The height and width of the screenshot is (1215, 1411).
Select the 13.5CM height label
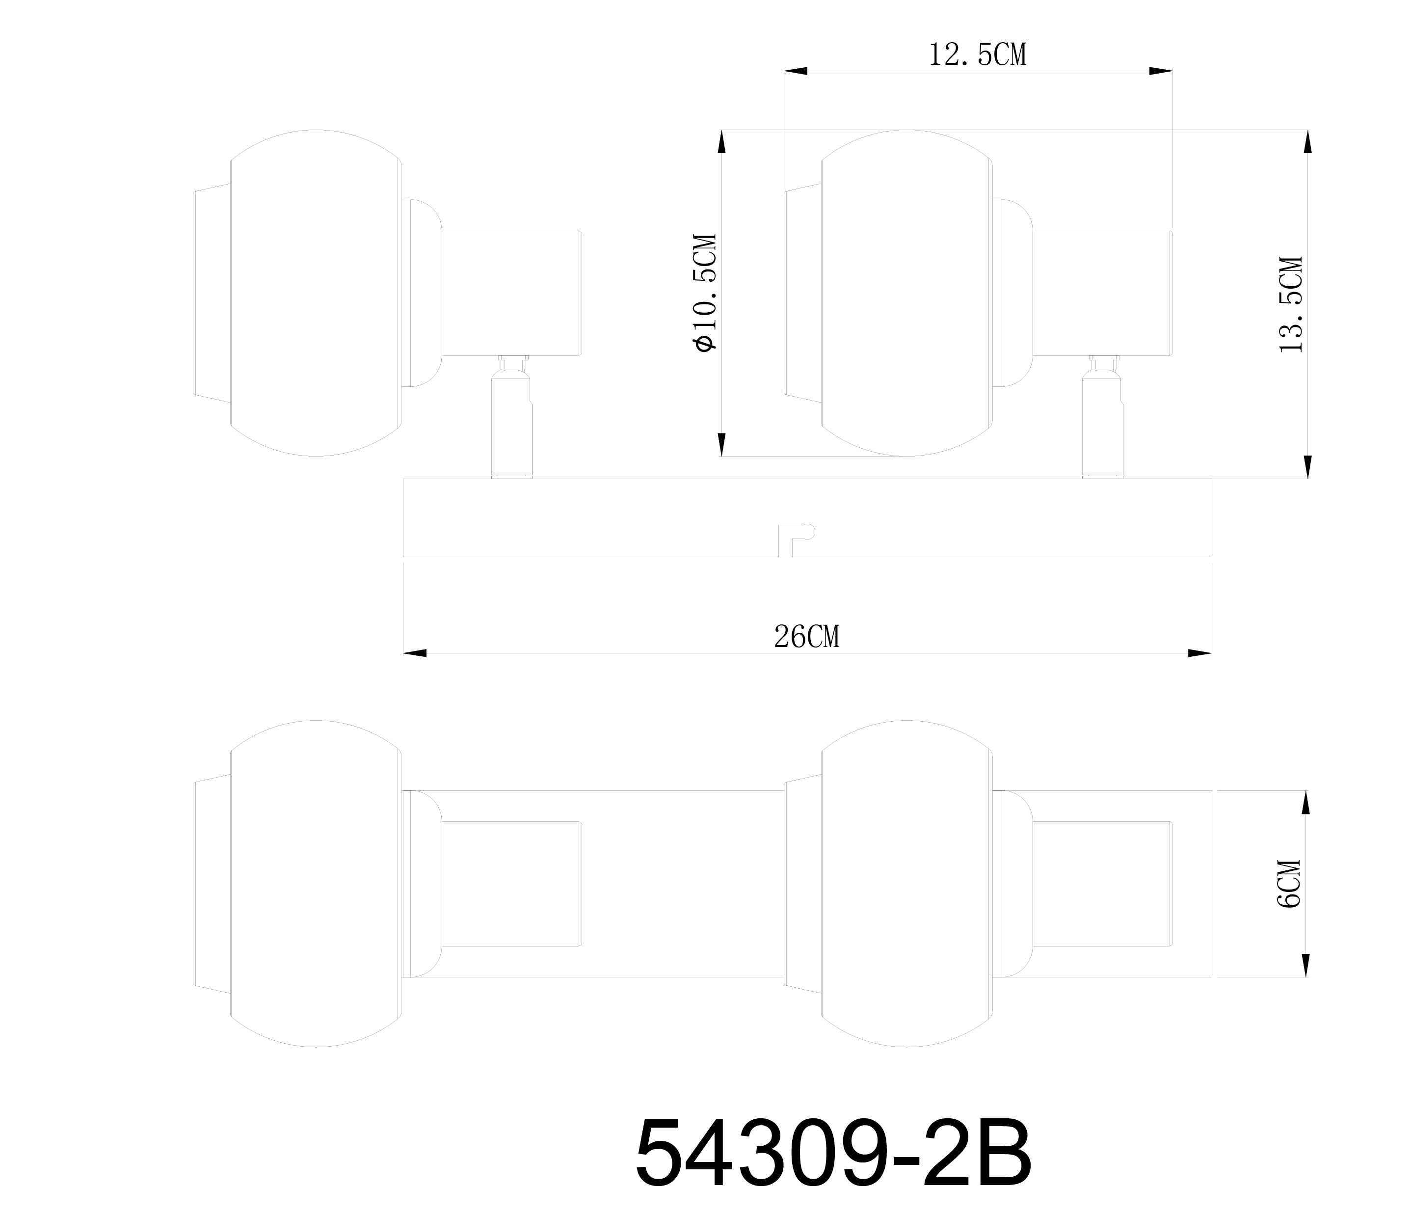[x=1291, y=304]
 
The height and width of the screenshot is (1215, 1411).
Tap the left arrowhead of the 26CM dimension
[x=415, y=653]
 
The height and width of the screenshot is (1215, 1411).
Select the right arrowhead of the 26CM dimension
[x=1200, y=653]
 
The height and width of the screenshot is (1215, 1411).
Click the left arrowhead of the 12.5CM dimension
[x=796, y=71]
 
